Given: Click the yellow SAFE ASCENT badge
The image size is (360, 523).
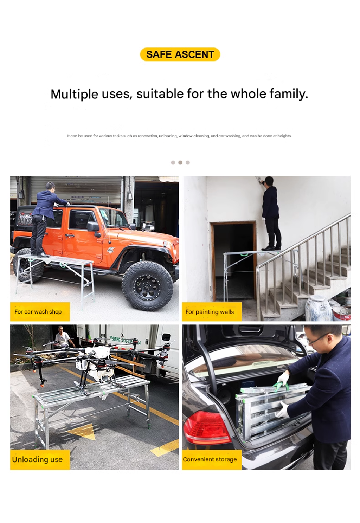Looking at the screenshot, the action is point(180,54).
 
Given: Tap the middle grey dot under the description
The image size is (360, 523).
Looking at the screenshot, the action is point(180,162).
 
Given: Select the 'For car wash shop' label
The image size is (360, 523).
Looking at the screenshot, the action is point(40,311).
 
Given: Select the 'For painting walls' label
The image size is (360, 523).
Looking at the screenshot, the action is point(212,312).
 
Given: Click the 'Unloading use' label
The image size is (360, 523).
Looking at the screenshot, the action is point(40,459).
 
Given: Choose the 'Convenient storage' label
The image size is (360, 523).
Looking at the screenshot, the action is point(212,459).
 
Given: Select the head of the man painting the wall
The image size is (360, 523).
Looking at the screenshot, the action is point(269,181).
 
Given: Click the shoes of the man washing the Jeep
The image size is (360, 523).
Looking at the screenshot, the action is point(41,254).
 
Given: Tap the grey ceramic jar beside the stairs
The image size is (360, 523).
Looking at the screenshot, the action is point(318,308).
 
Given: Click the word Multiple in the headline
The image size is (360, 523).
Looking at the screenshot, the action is point(74,95).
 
